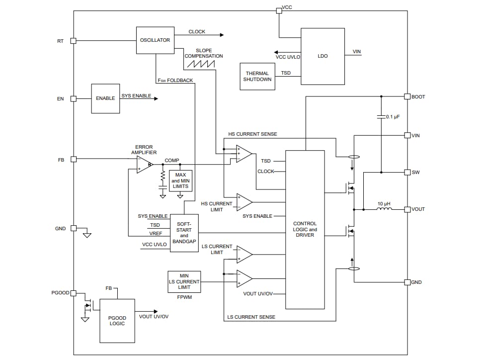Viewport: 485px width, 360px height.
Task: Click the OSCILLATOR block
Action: (x=155, y=40)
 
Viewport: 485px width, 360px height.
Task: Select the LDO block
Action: (x=323, y=56)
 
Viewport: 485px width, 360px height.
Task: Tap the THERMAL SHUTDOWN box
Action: (x=257, y=77)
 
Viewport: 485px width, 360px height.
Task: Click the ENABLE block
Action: (x=105, y=98)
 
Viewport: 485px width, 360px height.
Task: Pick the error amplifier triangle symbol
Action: (x=144, y=164)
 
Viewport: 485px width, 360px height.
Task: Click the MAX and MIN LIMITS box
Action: (x=180, y=181)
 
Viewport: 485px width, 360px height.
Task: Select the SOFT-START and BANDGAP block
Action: (x=184, y=233)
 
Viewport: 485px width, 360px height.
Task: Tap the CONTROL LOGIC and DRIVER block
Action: (x=305, y=229)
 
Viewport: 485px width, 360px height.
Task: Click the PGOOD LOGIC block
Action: (x=117, y=321)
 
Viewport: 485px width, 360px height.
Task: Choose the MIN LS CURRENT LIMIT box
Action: (x=184, y=281)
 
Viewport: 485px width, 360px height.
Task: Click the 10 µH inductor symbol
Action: (x=384, y=209)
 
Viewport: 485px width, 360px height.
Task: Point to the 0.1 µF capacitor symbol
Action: (x=381, y=117)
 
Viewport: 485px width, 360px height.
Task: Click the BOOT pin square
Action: (x=407, y=96)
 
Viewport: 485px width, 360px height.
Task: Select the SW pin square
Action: (x=407, y=173)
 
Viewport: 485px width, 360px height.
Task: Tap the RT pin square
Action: (x=73, y=41)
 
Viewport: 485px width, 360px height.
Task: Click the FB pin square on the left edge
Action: (x=73, y=159)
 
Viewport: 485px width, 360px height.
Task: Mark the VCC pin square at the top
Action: (x=279, y=10)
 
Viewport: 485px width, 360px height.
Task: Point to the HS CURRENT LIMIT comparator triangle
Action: (x=243, y=202)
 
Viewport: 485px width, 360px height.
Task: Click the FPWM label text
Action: (x=184, y=297)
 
